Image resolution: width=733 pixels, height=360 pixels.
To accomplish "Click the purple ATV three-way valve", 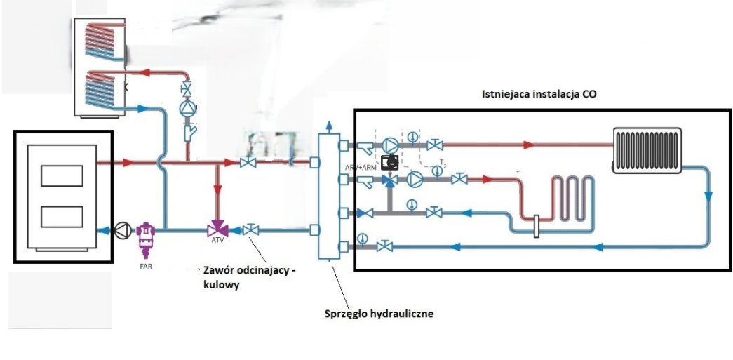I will tap(218, 229).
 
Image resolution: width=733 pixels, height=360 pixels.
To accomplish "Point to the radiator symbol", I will tap(646, 150).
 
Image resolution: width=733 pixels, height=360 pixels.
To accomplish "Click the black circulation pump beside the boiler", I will tap(123, 229).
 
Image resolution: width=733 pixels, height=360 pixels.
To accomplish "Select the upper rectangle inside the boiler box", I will tap(61, 175).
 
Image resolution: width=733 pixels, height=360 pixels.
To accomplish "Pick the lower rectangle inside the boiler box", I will tap(61, 218).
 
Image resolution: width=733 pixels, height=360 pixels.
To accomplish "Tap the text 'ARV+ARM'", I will tap(361, 168).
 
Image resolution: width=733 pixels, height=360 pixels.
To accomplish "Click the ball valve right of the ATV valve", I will tap(250, 229).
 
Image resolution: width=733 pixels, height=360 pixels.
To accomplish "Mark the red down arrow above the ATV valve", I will tap(218, 190).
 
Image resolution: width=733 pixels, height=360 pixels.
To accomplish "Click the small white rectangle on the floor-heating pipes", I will tap(535, 226).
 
